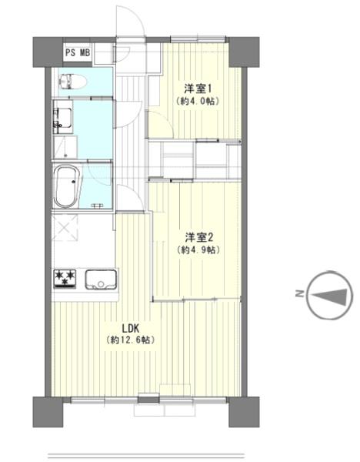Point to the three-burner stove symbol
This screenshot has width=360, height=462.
(x=63, y=278)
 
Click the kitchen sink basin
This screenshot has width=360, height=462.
(x=100, y=279)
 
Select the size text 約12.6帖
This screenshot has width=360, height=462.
(x=124, y=340)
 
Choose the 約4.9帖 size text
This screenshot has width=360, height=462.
(x=196, y=250)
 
